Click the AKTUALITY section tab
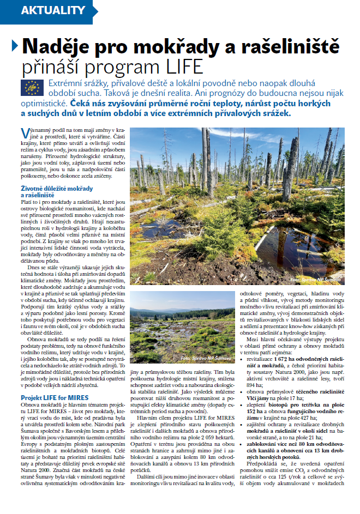click(52, 10)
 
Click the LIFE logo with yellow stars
click(32, 87)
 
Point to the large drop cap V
click(25, 134)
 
